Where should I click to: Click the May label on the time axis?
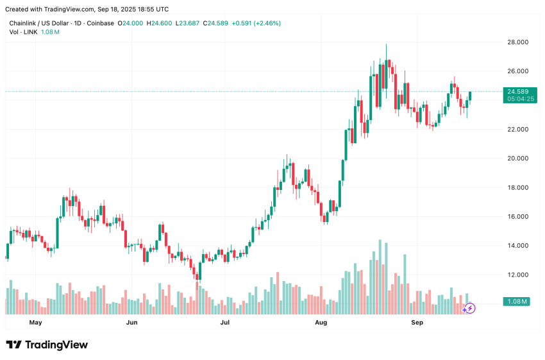click(x=35, y=322)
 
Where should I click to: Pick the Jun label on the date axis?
click(x=131, y=322)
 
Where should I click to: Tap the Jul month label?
click(x=225, y=322)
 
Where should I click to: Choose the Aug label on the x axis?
click(x=321, y=322)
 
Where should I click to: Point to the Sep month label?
click(x=417, y=322)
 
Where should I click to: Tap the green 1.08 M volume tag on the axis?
click(x=516, y=302)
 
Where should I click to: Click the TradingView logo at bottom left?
click(x=47, y=345)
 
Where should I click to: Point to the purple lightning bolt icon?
click(x=469, y=308)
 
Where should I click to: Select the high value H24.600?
click(x=160, y=23)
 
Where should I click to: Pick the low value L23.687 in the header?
click(x=189, y=23)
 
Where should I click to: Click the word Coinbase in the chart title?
click(x=100, y=23)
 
